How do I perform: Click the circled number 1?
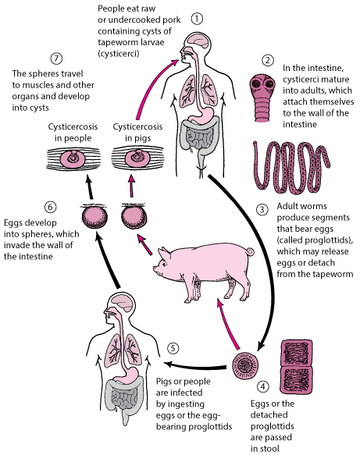point(197,19)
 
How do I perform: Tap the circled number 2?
point(267,60)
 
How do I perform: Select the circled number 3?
point(262,209)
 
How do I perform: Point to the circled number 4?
point(263,386)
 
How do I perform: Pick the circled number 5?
point(173,348)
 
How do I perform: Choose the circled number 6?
point(51,207)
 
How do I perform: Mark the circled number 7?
point(56,59)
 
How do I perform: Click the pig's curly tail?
point(250,251)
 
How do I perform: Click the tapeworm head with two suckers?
point(262,84)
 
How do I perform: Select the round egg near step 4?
point(245,366)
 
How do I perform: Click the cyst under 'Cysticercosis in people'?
point(73,158)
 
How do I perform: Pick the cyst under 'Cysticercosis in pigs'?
point(137,158)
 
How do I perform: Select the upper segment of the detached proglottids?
point(297,353)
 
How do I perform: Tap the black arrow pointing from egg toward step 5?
point(195,365)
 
